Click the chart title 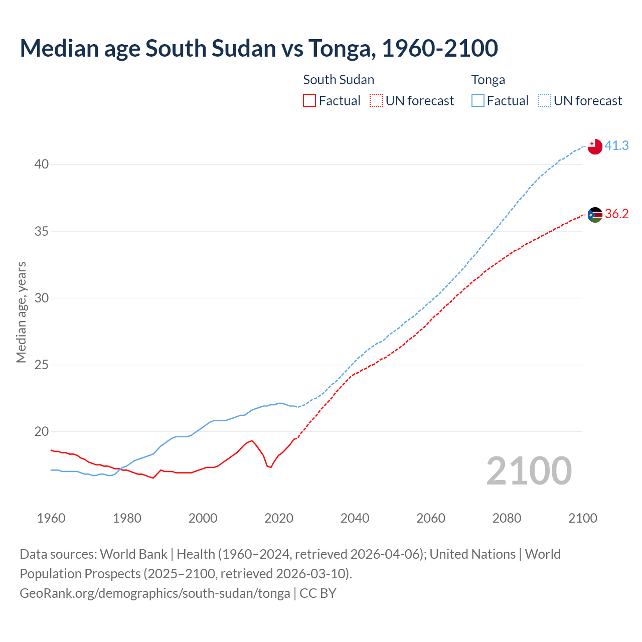tap(259, 48)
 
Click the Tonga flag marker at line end tap(595, 147)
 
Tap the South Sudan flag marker tap(595, 215)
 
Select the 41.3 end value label tap(616, 145)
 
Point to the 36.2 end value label tap(616, 214)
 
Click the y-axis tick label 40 tap(42, 165)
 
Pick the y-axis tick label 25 tap(42, 365)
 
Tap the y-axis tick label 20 tap(42, 431)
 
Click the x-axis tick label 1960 tap(51, 518)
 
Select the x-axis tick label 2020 tap(279, 518)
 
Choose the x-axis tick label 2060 tap(431, 518)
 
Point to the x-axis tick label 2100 tap(583, 518)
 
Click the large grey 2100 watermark tap(529, 470)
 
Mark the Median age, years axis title tap(21, 312)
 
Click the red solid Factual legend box tap(309, 101)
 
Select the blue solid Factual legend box tap(478, 101)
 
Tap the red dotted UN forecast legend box tap(376, 101)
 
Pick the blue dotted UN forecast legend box tap(545, 101)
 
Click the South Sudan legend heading tap(339, 80)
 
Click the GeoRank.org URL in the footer tap(155, 593)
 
